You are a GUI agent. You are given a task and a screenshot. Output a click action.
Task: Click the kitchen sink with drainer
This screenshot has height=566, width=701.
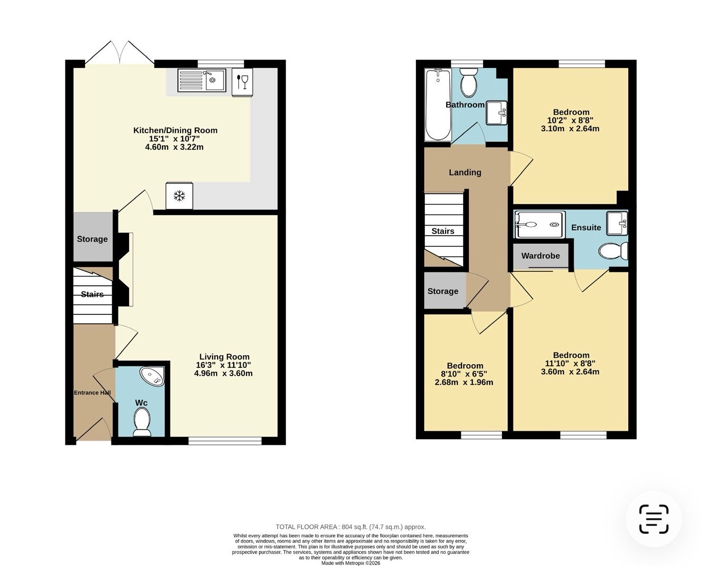pos(201,80)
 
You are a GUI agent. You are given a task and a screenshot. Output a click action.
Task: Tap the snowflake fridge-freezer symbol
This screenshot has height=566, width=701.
pos(179,196)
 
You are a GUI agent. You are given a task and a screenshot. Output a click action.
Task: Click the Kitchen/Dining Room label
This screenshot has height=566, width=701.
pos(175,130)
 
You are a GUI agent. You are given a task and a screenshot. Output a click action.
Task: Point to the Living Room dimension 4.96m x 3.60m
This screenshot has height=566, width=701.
pos(223,373)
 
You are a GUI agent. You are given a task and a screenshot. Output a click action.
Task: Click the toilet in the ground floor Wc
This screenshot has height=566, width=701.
pos(142,421)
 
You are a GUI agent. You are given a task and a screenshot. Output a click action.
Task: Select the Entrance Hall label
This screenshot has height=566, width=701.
pos(92,392)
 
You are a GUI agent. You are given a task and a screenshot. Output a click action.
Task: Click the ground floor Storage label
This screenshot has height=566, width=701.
pos(92,239)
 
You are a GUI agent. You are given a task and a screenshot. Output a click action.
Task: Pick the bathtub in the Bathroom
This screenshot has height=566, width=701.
pos(438,105)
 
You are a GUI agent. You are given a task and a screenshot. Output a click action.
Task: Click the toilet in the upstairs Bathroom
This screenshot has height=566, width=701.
pos(468,82)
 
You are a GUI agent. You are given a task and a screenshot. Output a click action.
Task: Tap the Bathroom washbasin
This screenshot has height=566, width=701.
pos(497,113)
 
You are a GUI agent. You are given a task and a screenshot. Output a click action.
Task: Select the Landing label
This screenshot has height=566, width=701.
pos(465,173)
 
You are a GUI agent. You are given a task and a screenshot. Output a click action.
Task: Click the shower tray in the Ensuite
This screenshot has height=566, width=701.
pos(538,225)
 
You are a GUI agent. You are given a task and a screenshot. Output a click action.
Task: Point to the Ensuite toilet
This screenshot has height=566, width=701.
pos(613,252)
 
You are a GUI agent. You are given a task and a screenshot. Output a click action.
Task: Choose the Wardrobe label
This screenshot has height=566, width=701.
pos(541,256)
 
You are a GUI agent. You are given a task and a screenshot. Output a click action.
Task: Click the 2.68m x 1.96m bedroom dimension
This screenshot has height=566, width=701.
pos(464,382)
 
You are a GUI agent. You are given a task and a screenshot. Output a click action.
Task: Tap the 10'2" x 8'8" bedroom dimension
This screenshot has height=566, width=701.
pos(570,120)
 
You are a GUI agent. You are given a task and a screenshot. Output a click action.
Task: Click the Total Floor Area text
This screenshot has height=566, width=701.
pos(351,527)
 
